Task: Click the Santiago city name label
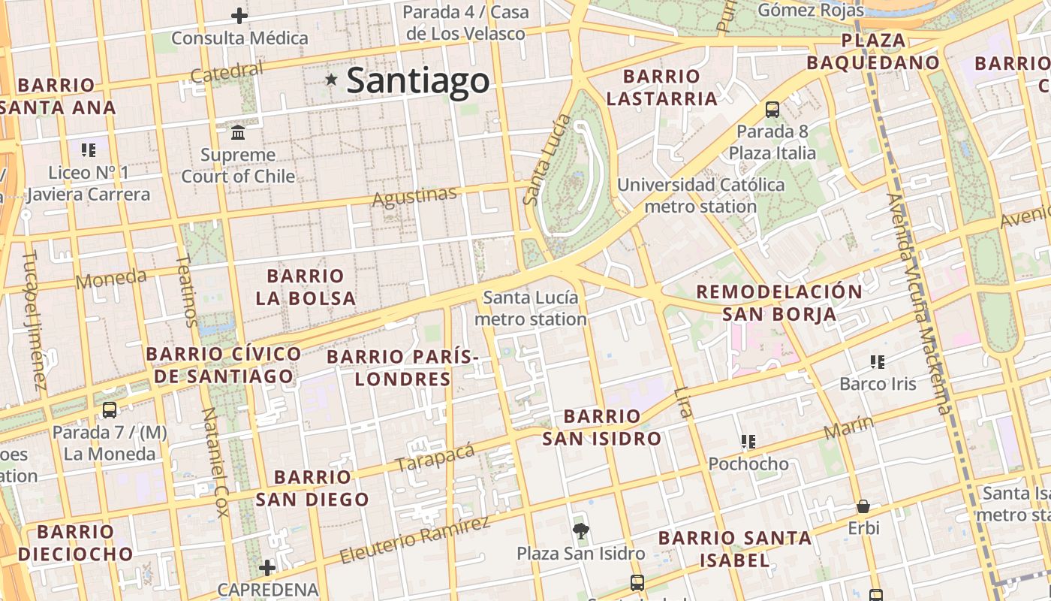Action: point(417,80)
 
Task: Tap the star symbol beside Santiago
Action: point(331,79)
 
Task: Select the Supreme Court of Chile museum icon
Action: point(239,133)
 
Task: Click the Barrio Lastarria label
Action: point(661,87)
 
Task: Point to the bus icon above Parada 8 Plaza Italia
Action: point(772,110)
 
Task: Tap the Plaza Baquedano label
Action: point(890,51)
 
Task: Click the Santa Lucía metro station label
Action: point(531,308)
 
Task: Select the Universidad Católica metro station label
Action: point(700,195)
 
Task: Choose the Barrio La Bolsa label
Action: point(305,287)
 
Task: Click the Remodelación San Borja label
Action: point(779,303)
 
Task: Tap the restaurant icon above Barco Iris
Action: point(877,362)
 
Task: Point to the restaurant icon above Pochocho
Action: point(748,442)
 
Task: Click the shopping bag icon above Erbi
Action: point(863,506)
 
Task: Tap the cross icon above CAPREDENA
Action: point(267,568)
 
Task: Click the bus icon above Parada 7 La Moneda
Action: point(110,410)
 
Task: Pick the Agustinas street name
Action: point(414,197)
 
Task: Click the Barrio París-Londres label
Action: point(402,367)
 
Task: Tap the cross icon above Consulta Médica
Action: point(239,15)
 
